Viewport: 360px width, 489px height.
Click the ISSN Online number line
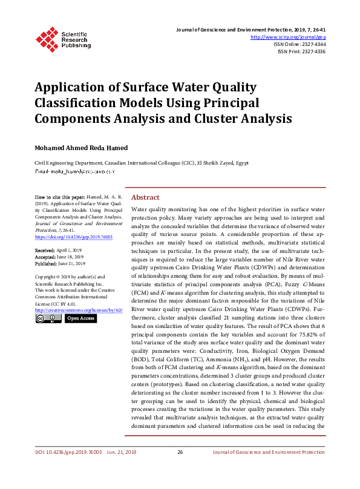coord(299,44)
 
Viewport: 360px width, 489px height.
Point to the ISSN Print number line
coord(301,51)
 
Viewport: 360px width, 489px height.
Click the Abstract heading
coord(145,197)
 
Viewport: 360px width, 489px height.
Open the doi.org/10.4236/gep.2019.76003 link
coord(74,237)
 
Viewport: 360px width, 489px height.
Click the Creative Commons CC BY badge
coord(48,318)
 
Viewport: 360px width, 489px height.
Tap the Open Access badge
coord(80,318)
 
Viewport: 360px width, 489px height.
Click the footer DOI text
coord(68,452)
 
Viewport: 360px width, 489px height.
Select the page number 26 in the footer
coord(180,452)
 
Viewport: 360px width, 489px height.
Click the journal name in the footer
coord(269,452)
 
